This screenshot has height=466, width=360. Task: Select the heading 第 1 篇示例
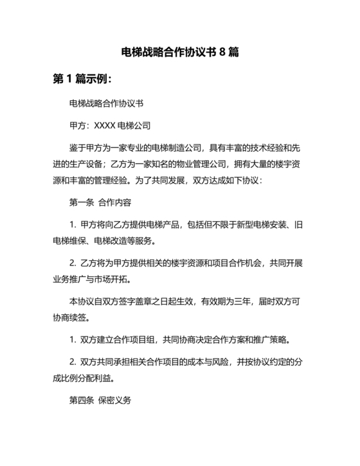point(82,80)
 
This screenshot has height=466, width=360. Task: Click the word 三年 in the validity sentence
point(245,302)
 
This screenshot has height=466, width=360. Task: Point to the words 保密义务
point(115,401)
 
